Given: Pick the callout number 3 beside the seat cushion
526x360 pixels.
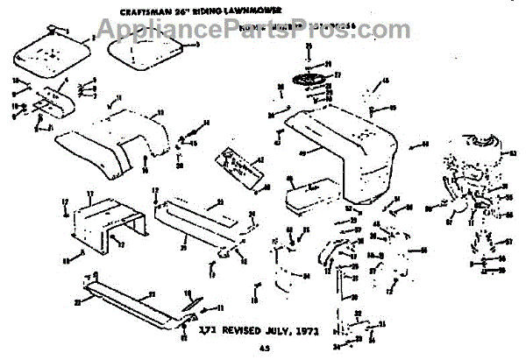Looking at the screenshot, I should point(200,45).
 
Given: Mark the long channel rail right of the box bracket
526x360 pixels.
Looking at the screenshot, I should point(193,219).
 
